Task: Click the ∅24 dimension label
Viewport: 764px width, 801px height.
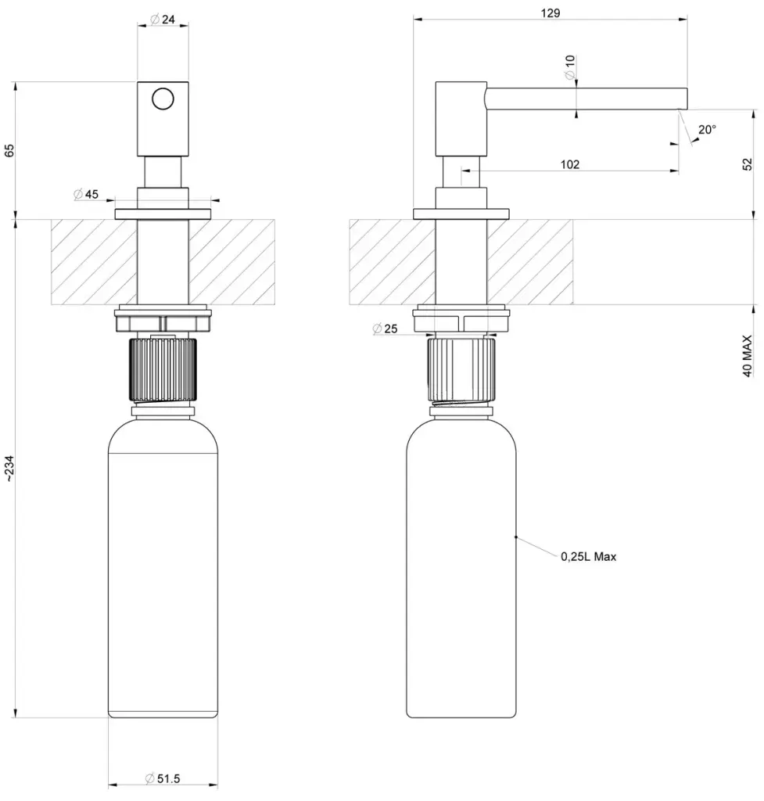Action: click(x=163, y=20)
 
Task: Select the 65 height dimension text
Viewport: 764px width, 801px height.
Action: click(x=9, y=150)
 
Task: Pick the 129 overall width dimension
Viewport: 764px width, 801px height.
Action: click(x=550, y=13)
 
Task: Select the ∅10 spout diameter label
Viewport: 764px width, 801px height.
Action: click(x=569, y=66)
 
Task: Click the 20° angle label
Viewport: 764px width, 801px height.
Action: click(x=707, y=130)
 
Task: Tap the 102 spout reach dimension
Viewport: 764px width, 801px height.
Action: click(x=570, y=164)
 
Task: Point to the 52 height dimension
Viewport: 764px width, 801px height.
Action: click(x=747, y=163)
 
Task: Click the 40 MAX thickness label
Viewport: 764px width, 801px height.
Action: click(x=747, y=357)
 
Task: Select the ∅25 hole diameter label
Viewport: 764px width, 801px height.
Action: click(x=386, y=329)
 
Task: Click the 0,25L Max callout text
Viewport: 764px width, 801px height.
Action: click(x=588, y=557)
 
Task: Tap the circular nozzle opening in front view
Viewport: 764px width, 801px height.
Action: click(x=163, y=100)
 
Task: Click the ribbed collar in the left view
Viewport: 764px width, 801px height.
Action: click(x=163, y=368)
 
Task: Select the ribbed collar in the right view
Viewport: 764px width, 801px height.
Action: click(x=462, y=367)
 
